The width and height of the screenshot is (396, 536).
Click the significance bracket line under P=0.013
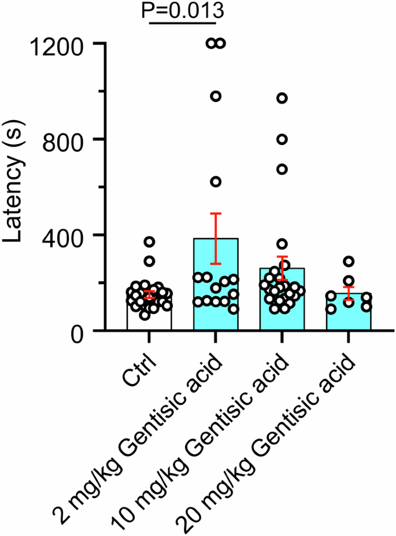point(182,24)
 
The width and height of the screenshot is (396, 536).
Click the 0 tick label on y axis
point(89,331)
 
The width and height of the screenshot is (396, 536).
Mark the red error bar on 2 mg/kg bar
point(216,239)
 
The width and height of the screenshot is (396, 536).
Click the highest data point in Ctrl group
point(150,242)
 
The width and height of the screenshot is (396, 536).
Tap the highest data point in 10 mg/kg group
point(282,98)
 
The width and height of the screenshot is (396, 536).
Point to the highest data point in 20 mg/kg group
point(349,261)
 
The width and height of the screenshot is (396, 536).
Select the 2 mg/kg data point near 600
point(216,182)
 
